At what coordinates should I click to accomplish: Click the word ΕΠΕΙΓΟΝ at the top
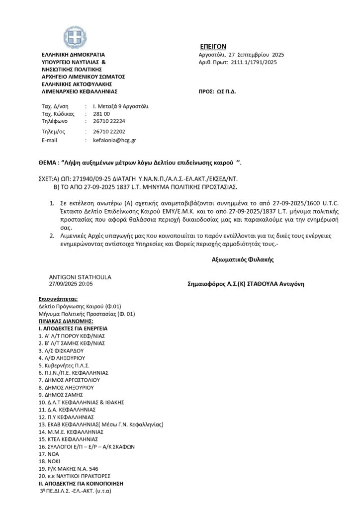(x=215, y=46)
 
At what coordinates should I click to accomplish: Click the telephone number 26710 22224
(x=109, y=121)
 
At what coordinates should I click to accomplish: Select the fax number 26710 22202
(x=109, y=132)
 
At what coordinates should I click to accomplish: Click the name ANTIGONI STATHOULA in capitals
(x=80, y=277)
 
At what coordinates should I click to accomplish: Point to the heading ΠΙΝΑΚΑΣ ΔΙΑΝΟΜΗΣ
(x=65, y=321)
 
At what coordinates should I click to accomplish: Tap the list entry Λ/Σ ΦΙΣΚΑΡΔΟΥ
(x=64, y=350)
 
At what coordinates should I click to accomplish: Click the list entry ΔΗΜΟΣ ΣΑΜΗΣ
(x=63, y=395)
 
